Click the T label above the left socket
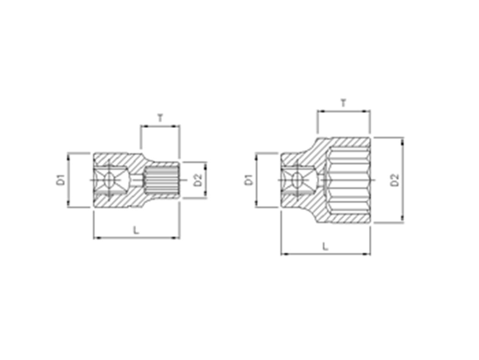click(x=160, y=118)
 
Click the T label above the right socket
click(x=343, y=103)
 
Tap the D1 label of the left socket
click(x=60, y=180)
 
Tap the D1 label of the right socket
click(x=249, y=180)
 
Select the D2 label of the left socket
click(x=198, y=180)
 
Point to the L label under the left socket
click(x=136, y=230)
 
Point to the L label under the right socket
click(x=325, y=246)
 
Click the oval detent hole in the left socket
click(x=109, y=180)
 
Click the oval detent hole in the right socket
click(x=297, y=180)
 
